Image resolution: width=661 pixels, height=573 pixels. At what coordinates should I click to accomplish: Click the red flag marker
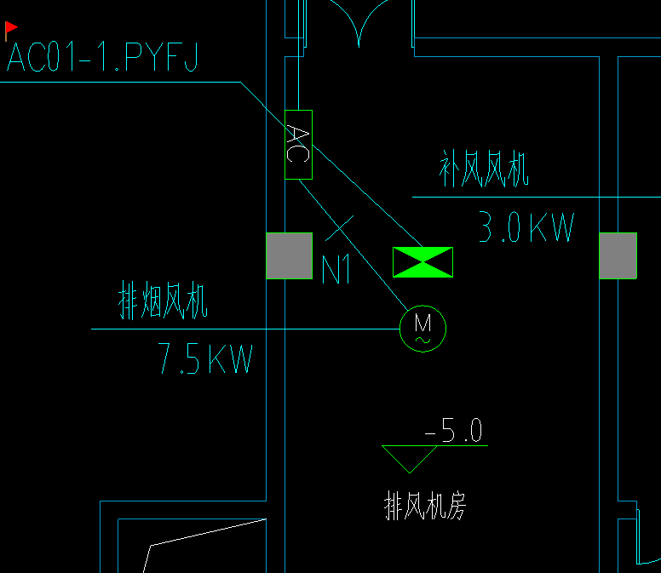(x=11, y=29)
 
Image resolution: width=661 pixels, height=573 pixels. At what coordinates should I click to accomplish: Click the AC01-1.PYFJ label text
(x=102, y=59)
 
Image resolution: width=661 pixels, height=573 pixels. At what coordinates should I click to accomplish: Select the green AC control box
(x=298, y=145)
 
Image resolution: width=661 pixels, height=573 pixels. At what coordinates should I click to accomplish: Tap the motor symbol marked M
(x=422, y=328)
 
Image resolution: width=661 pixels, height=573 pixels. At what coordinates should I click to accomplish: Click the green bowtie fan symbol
(x=422, y=261)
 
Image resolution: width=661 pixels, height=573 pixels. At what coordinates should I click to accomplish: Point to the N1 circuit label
(x=336, y=270)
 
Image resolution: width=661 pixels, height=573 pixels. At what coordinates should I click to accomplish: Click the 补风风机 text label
(x=484, y=169)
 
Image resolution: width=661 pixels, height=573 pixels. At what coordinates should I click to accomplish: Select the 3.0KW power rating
(x=526, y=228)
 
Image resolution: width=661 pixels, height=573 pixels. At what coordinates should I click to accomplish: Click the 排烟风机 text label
(x=163, y=302)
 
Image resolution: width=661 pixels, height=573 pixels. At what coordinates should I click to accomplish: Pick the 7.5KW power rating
(x=205, y=360)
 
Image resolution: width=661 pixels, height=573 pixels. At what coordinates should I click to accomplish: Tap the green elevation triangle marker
(x=411, y=458)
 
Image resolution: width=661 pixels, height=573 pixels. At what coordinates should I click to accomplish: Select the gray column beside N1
(x=290, y=255)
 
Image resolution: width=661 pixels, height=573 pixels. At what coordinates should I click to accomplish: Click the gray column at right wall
(x=618, y=255)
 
